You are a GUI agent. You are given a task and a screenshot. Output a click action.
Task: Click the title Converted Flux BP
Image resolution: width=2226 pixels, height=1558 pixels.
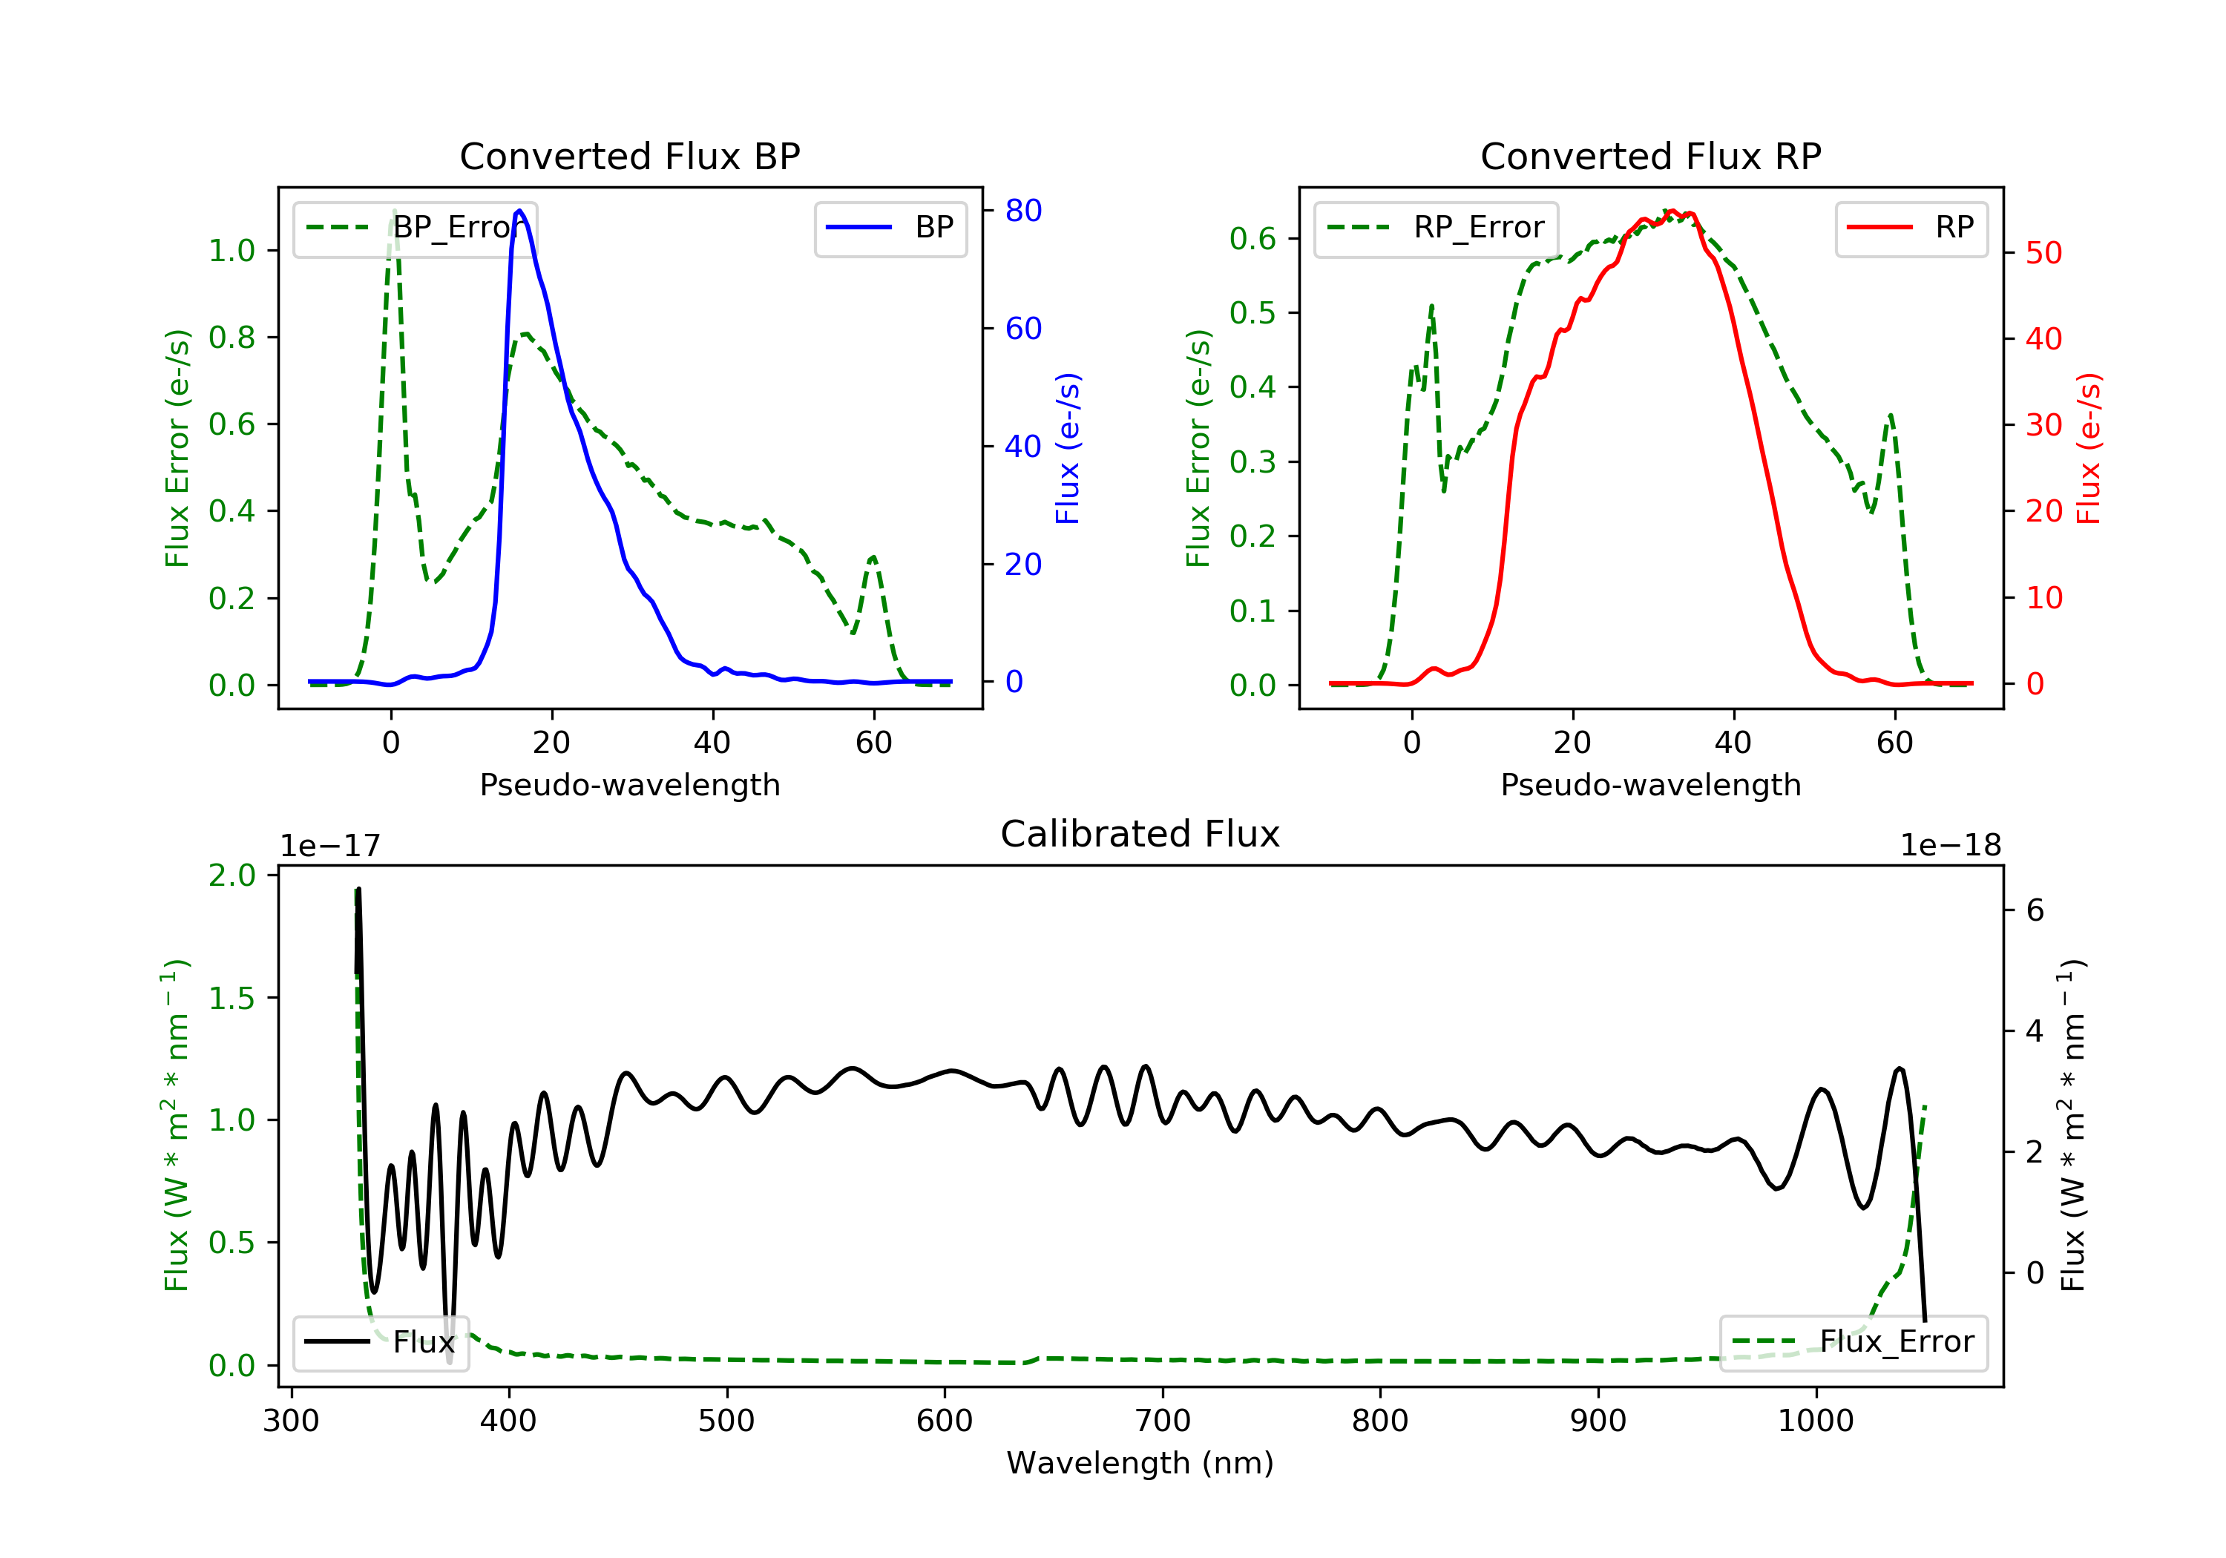click(629, 156)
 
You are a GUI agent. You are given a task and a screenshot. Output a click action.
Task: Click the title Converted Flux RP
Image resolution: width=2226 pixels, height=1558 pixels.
click(1650, 156)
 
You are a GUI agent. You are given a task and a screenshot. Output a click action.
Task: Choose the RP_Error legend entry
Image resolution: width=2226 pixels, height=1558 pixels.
click(1436, 228)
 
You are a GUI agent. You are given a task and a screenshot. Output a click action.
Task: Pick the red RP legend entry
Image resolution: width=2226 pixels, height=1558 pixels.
click(1911, 228)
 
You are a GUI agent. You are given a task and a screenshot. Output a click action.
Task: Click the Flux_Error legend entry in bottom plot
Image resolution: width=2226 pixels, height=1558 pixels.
click(1853, 1342)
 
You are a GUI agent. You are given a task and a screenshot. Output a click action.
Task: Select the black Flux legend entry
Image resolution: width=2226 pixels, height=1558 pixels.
click(380, 1342)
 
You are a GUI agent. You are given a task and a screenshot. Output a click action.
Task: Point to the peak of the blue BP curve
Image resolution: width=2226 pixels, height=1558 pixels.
click(519, 211)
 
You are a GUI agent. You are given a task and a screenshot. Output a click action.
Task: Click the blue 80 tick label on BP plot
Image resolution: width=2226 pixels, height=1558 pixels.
click(1022, 211)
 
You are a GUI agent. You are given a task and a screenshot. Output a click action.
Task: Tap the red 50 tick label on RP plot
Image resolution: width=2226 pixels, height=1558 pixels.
click(2043, 253)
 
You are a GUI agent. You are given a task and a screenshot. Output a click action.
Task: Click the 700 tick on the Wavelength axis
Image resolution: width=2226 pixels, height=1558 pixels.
click(1163, 1421)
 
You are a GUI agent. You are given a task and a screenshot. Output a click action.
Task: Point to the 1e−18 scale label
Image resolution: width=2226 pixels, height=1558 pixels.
click(1951, 846)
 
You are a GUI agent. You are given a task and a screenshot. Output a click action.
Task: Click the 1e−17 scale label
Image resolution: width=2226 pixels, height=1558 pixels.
click(329, 846)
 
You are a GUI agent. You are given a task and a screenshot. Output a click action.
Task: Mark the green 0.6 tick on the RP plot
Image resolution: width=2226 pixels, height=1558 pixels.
click(1252, 238)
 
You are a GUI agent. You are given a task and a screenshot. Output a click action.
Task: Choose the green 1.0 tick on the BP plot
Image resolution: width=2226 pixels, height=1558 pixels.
click(232, 251)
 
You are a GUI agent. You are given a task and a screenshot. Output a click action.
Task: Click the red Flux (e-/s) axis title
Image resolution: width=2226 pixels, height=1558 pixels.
click(2088, 448)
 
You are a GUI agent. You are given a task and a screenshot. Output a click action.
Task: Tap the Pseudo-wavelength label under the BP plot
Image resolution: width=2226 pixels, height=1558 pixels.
click(629, 784)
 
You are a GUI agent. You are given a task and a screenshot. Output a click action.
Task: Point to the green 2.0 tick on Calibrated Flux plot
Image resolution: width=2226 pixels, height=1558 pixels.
click(232, 875)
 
